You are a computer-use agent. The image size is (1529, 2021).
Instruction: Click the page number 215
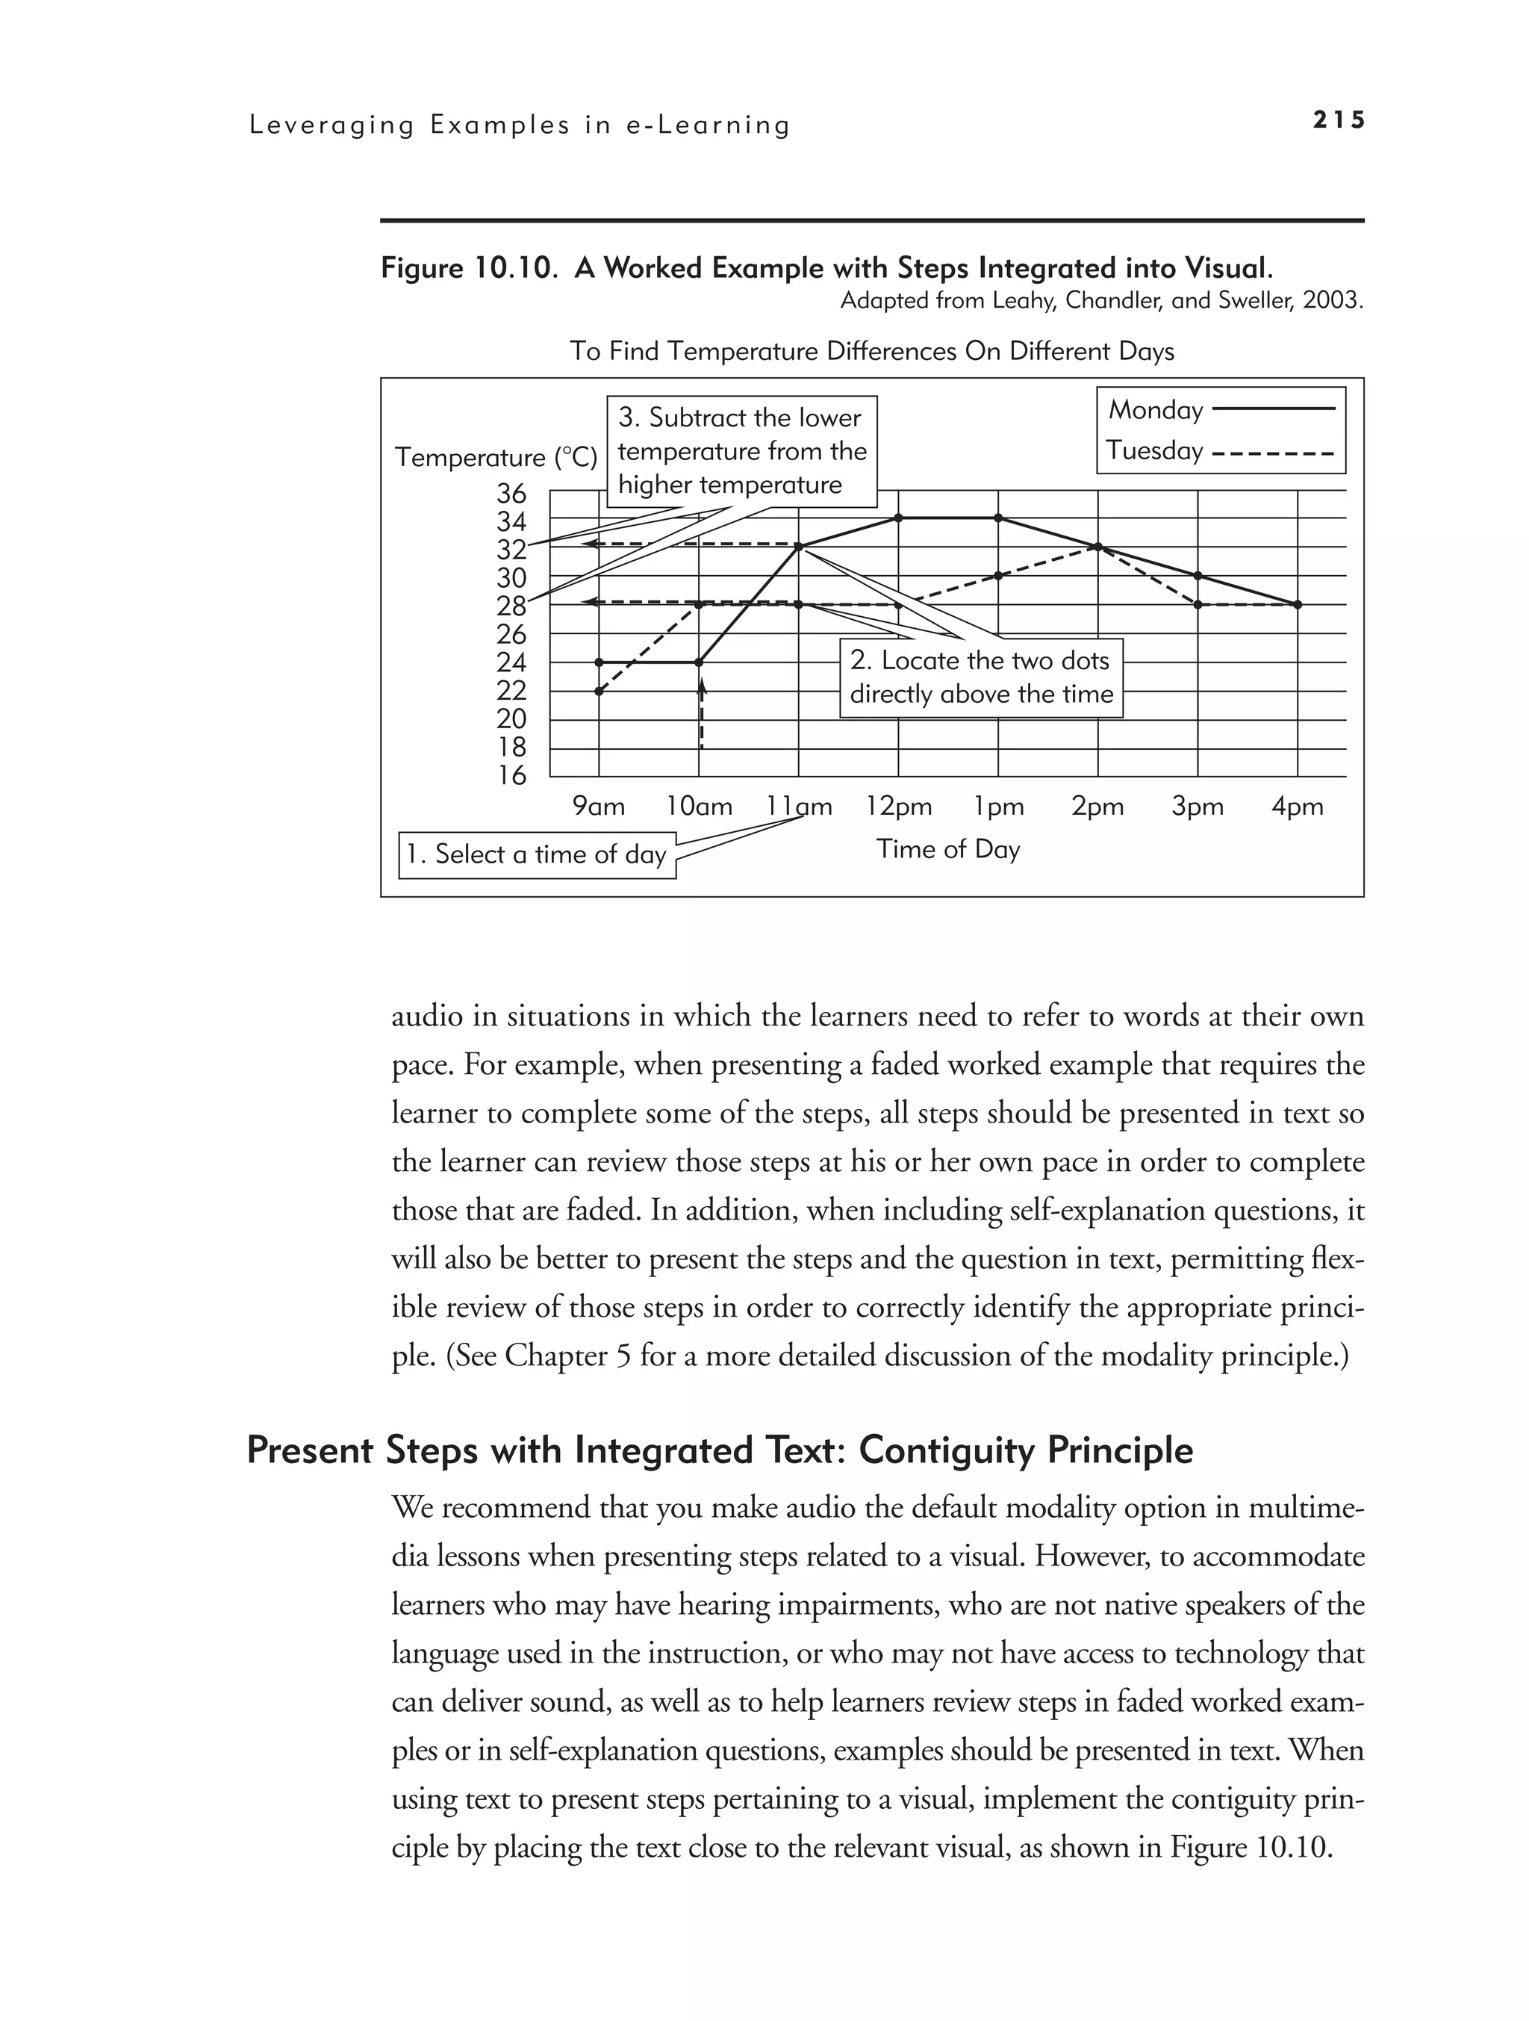(1337, 119)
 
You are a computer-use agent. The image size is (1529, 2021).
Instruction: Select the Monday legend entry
(1219, 410)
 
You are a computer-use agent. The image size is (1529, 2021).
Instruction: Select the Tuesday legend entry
(1219, 450)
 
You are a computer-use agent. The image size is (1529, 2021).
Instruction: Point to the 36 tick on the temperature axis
(511, 494)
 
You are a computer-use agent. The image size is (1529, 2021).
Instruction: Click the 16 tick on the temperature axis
(511, 776)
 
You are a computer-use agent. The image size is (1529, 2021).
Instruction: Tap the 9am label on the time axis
(598, 807)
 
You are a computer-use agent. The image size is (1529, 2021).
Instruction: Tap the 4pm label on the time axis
(1297, 807)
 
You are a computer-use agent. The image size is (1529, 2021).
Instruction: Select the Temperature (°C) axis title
(496, 457)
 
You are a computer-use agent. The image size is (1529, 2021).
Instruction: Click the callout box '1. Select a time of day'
(537, 854)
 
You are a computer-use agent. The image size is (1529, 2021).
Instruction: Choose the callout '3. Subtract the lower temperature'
(741, 451)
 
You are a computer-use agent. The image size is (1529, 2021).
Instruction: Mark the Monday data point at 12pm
(899, 518)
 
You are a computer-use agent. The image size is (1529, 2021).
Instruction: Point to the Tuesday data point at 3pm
(1198, 604)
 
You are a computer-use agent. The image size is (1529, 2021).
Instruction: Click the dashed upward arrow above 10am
(702, 713)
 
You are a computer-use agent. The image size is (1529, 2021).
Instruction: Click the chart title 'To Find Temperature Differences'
(871, 351)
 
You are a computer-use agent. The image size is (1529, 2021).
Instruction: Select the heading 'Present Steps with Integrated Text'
(720, 1450)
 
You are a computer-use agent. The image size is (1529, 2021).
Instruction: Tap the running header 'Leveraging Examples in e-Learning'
(520, 125)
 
